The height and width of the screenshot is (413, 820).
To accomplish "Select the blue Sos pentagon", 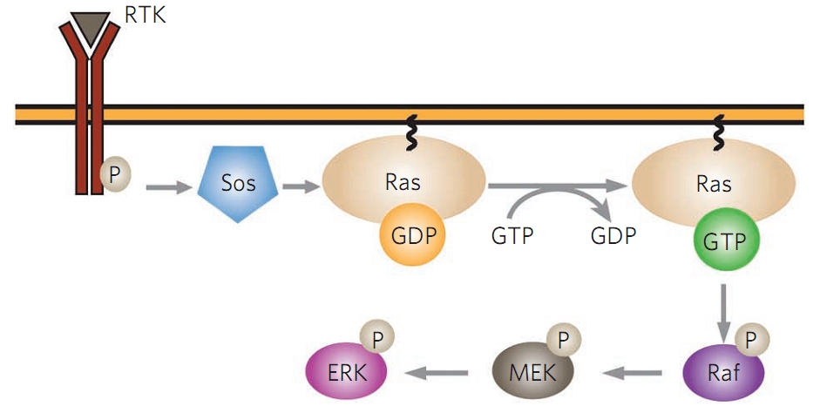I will (x=238, y=186).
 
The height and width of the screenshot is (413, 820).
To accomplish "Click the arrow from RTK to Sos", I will (x=167, y=186).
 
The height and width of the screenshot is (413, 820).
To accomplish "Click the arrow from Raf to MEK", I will (x=636, y=373).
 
